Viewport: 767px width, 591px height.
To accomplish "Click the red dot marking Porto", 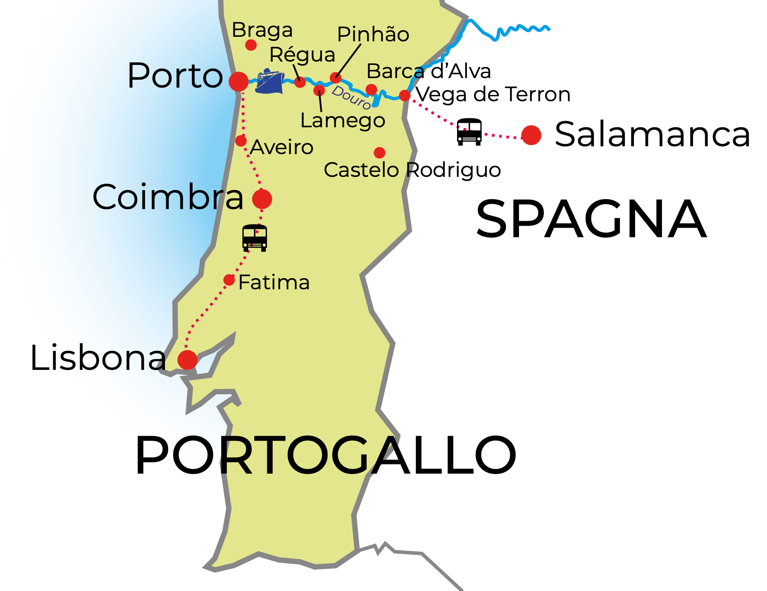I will [x=238, y=81].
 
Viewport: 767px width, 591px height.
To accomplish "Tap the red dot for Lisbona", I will [x=187, y=360].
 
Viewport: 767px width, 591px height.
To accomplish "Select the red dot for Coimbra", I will [x=262, y=199].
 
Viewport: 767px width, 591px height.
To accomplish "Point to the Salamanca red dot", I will [x=531, y=135].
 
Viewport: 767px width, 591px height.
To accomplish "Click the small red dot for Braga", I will [x=251, y=45].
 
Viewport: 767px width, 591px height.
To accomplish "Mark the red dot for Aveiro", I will [x=241, y=141].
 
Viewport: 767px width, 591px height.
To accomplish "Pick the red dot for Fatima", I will [x=229, y=280].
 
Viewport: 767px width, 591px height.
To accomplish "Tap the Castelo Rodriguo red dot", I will [x=379, y=153].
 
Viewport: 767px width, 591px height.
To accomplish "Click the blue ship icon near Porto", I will [x=269, y=82].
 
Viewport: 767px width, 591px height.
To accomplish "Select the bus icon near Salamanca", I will [x=469, y=131].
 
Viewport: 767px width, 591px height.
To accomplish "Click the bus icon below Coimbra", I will [x=255, y=238].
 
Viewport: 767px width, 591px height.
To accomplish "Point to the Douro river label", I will [x=351, y=98].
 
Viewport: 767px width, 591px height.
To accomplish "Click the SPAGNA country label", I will [x=591, y=219].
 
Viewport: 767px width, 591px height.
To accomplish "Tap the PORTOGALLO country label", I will [x=326, y=455].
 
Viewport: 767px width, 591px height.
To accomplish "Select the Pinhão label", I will [x=373, y=34].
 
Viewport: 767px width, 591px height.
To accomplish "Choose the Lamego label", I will [x=343, y=120].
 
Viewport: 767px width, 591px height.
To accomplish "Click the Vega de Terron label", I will [x=493, y=95].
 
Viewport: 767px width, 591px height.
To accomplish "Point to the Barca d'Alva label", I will [x=429, y=71].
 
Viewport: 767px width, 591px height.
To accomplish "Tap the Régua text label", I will [x=302, y=55].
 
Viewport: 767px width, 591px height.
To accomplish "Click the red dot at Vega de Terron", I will [x=405, y=95].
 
